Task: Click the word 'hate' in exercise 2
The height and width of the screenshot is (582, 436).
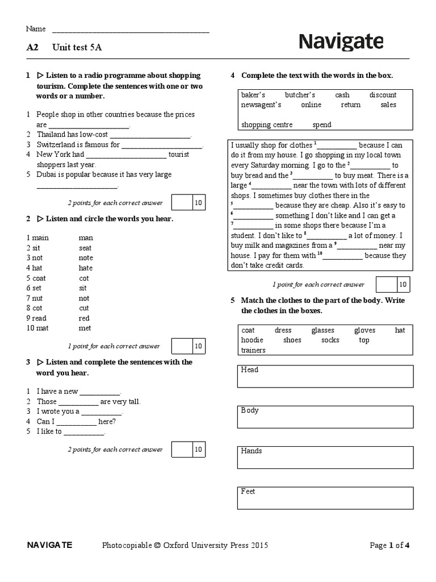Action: pos(86,268)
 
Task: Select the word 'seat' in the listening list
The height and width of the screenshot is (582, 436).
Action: pos(85,248)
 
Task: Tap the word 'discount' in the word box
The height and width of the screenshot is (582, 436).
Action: pos(383,95)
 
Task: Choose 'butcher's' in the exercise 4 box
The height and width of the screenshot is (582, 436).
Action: pos(300,95)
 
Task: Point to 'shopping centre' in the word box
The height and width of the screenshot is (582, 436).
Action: pos(267,124)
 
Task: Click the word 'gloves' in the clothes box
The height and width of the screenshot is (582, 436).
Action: pos(364,330)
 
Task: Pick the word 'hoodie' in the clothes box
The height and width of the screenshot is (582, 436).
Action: pos(252,340)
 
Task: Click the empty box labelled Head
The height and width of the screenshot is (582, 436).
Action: pos(325,376)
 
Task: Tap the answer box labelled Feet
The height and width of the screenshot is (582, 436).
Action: pos(325,498)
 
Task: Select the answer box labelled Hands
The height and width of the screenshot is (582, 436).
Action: pos(325,458)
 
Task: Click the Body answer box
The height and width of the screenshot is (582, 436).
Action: pos(325,417)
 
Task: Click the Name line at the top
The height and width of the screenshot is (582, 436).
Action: pos(131,30)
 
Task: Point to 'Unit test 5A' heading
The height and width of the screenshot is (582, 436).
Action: pos(77,48)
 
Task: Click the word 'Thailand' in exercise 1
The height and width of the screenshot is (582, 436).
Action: pos(52,135)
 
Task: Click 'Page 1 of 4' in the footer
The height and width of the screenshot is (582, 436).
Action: pos(389,546)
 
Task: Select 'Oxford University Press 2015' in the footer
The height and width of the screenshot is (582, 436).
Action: pos(215,546)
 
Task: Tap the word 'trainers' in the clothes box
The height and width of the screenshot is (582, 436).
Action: pos(253,350)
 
